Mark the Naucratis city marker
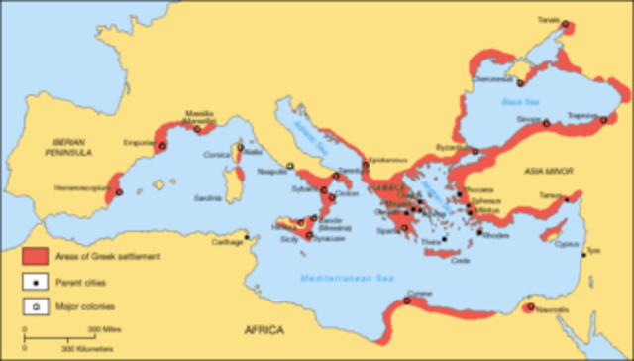pyautogui.click(x=530, y=308)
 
